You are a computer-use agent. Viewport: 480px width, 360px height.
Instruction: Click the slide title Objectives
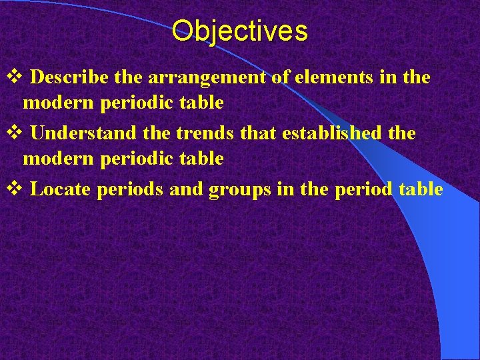(x=239, y=31)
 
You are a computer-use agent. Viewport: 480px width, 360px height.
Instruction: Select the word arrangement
(x=207, y=77)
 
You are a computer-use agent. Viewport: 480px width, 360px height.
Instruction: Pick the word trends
(x=205, y=133)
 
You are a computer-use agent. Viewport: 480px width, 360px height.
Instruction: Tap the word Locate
(x=61, y=189)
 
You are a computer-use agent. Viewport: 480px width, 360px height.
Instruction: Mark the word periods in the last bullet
(x=131, y=190)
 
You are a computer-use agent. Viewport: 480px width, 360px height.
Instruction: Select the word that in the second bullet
(x=259, y=133)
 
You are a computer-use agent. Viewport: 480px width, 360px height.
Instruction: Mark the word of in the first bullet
(x=280, y=77)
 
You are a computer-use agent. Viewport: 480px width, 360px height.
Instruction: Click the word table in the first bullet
(x=197, y=103)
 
